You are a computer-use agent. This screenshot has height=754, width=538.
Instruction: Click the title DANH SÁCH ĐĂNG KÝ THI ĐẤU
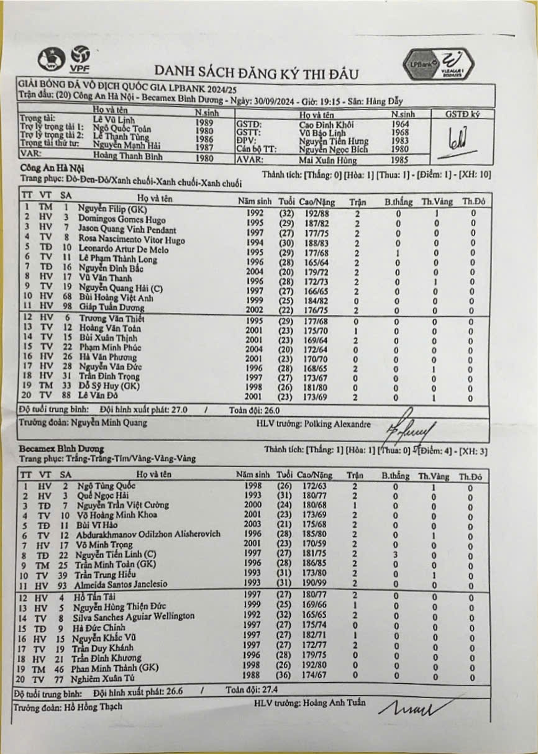pyautogui.click(x=257, y=73)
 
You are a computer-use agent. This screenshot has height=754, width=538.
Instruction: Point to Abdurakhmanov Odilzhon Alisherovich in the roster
pyautogui.click(x=148, y=534)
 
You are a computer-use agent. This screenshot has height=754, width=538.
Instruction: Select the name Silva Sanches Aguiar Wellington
pyautogui.click(x=133, y=616)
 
